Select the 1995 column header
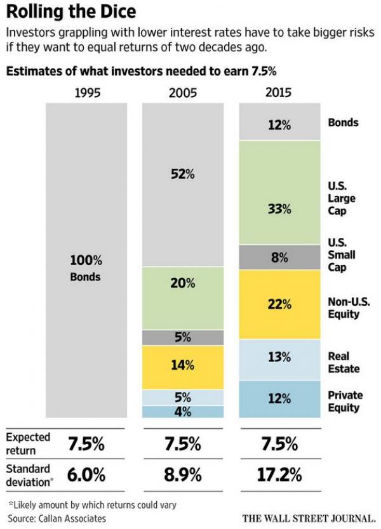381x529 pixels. click(x=88, y=93)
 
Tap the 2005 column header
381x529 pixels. click(x=183, y=93)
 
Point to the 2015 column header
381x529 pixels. click(x=279, y=93)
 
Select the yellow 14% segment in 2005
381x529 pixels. click(x=183, y=366)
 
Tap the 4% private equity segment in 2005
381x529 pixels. click(x=183, y=412)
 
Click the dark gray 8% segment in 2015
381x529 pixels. click(x=279, y=258)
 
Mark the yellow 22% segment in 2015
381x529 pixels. click(x=279, y=304)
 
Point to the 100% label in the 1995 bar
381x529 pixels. click(x=86, y=260)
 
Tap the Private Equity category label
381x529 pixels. click(x=345, y=400)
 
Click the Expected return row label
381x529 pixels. click(x=28, y=443)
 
